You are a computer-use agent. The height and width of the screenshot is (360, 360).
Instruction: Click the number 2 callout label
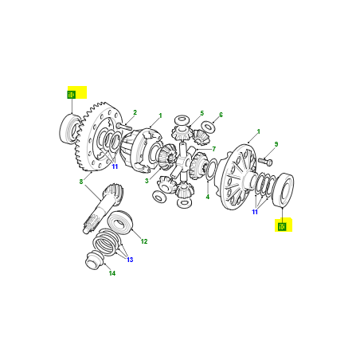point(135,112)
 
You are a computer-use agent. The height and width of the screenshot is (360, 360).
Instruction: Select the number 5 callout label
point(202,113)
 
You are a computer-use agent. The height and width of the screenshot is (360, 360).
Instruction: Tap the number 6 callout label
point(221,115)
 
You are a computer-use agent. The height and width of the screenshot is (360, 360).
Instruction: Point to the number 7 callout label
point(213,149)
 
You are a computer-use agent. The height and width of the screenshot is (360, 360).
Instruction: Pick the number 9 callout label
point(276,144)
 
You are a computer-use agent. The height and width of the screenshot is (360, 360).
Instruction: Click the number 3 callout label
point(147,181)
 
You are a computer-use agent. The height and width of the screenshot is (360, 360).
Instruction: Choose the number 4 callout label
point(208,197)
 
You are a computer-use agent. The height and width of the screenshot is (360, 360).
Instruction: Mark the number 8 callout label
point(81,182)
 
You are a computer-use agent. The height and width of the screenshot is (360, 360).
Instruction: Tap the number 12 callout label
point(144,241)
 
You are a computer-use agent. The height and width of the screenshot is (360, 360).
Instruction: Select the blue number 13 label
point(130,260)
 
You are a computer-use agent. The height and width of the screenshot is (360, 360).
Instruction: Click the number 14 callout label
point(112,273)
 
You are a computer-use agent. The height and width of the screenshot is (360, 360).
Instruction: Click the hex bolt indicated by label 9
point(265,161)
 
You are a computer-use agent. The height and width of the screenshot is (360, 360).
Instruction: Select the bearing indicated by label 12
point(120,222)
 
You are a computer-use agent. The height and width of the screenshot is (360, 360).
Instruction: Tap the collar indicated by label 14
point(94,260)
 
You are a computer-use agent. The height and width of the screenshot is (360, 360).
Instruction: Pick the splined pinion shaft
point(102,209)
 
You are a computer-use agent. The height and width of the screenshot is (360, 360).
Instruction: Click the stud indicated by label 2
point(123,127)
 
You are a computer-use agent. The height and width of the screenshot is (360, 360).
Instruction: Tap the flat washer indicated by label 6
point(208,127)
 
